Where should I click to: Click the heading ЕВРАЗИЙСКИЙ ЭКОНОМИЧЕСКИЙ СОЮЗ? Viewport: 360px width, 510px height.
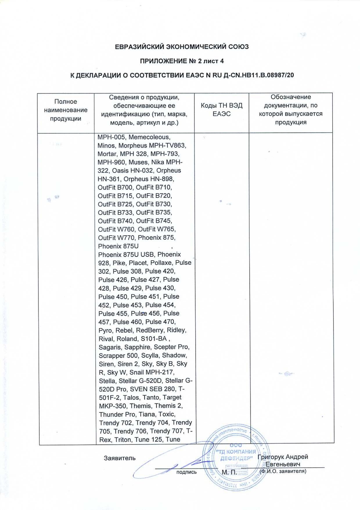182,47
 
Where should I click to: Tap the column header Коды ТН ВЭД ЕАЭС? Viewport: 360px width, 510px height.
222,110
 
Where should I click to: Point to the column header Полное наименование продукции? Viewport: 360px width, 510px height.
66,110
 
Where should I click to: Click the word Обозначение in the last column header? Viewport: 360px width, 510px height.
291,97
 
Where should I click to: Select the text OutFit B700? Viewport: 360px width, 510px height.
115,187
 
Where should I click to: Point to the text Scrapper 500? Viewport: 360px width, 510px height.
118,356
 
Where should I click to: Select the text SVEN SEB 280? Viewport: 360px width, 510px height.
153,389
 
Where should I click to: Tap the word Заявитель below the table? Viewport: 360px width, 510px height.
120,458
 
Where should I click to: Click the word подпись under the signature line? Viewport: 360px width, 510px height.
186,472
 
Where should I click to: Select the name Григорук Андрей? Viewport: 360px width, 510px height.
283,457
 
